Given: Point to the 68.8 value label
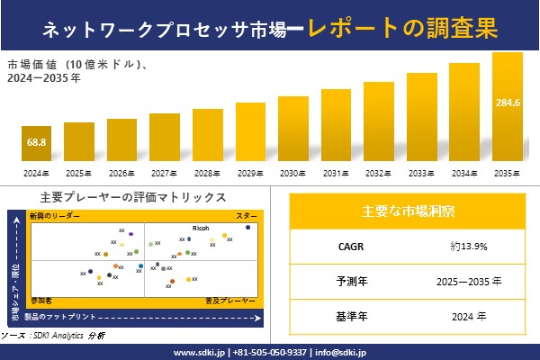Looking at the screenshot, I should pos(36,143).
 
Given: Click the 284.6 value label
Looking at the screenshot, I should pos(508,103).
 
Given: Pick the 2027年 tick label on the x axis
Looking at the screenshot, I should pos(165,173).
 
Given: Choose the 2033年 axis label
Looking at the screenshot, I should pos(422,173).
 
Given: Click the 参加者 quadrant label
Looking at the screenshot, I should pos(41,298).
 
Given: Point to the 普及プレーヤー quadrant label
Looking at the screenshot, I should pos(231,298).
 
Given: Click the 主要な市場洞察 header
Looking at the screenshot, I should pos(408,211).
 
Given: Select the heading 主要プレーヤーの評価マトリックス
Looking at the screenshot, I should pos(133,197).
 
